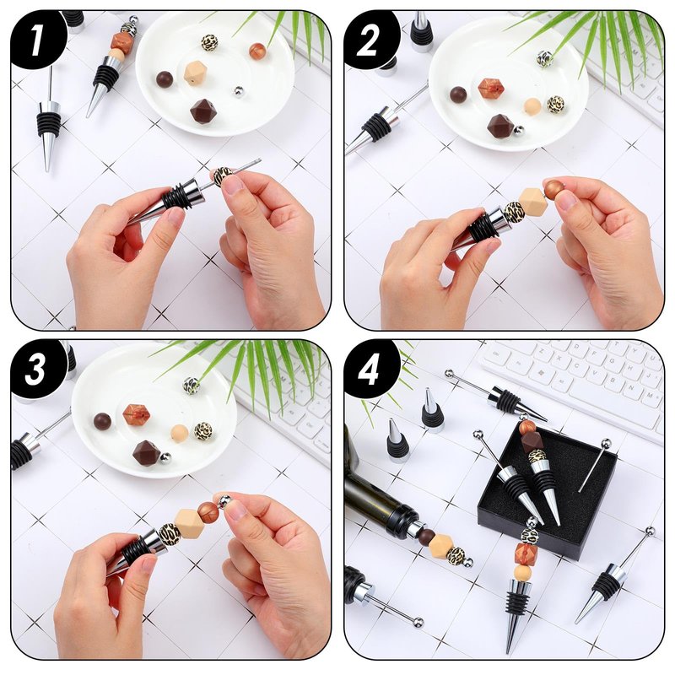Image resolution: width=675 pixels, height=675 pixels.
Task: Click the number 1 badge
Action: [x=38, y=40]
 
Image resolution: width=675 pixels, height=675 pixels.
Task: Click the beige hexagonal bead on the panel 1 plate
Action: [x=196, y=73]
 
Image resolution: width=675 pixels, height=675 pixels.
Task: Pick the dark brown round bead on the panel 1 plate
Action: [x=165, y=79]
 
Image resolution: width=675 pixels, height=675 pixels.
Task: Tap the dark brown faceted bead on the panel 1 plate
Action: [x=203, y=111]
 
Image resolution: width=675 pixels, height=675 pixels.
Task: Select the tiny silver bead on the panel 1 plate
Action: [x=239, y=91]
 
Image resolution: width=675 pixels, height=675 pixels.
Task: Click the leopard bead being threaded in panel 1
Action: [x=223, y=175]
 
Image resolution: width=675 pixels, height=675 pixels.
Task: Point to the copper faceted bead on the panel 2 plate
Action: [x=491, y=89]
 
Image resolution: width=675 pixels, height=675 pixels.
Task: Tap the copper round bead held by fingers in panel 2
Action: [x=553, y=188]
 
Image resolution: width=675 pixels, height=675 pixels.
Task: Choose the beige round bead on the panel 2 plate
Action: [x=532, y=107]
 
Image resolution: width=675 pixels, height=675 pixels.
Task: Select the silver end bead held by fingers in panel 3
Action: [x=224, y=501]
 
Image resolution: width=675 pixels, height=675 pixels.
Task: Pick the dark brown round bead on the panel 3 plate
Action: [x=102, y=421]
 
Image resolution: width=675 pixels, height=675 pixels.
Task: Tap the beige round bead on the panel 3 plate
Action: [x=179, y=433]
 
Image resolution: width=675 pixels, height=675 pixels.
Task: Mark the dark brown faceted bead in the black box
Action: [x=532, y=441]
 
